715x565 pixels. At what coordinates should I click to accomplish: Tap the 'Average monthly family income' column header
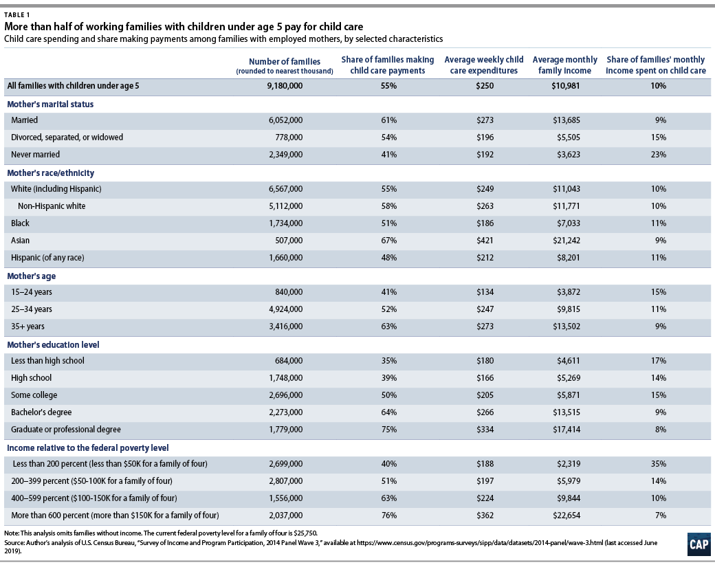coord(564,65)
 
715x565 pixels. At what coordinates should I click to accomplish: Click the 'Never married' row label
coord(35,155)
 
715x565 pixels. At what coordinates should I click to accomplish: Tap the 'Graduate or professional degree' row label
coord(65,430)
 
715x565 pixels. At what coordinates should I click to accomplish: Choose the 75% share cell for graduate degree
coord(388,430)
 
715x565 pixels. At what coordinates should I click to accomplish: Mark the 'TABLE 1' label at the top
coord(19,13)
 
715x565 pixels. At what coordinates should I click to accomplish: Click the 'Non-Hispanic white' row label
coord(51,206)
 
